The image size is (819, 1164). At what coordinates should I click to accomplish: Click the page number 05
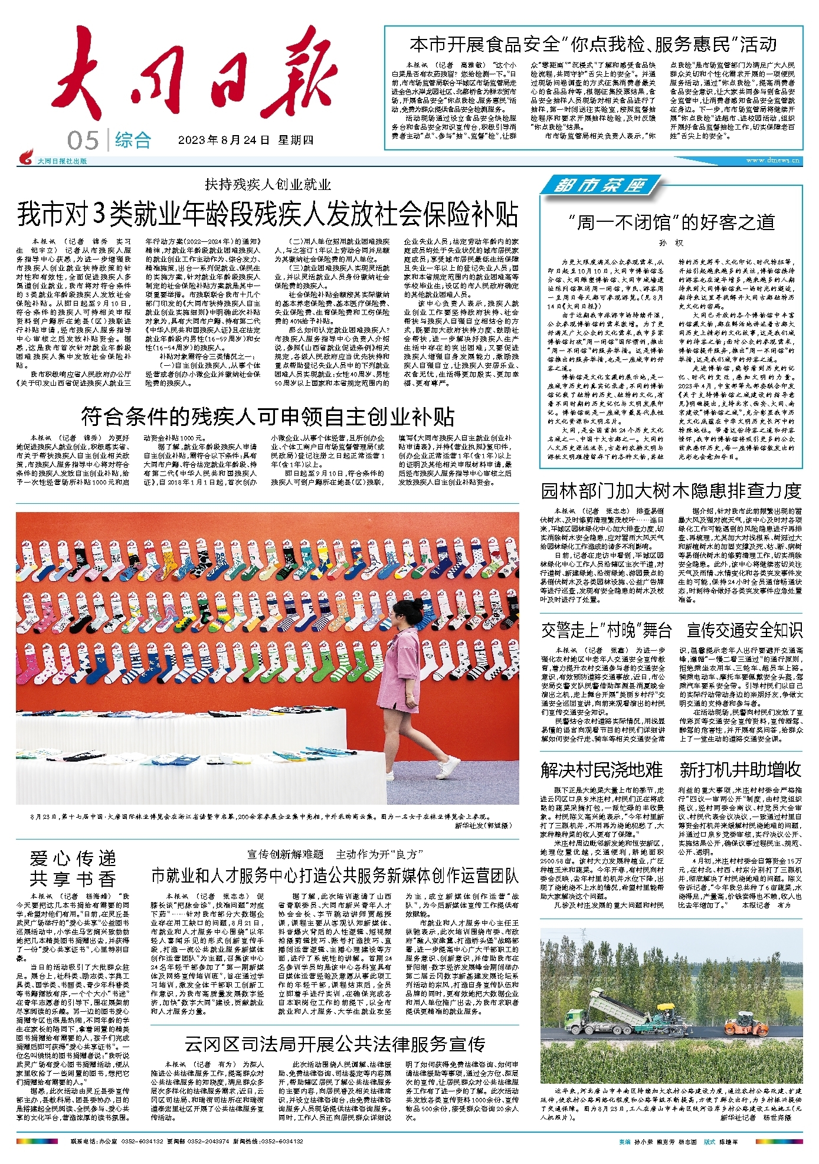coord(83,140)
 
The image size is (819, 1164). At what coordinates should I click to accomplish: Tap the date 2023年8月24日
coord(224,140)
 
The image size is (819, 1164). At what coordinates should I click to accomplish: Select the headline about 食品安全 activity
coord(593,44)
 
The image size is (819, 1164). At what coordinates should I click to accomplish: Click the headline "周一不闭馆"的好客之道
coord(671,222)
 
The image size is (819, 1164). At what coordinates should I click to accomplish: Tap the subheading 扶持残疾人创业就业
coord(268,185)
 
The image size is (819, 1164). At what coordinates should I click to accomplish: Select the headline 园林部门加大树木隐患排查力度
coord(671,491)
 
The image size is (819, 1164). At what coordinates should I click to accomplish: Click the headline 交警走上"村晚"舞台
coord(606,630)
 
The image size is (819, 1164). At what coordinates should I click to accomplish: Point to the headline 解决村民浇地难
coord(601,770)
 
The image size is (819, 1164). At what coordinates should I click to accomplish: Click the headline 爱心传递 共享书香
coord(73,868)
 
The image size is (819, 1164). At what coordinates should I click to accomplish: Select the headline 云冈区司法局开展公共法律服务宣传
coord(334,1044)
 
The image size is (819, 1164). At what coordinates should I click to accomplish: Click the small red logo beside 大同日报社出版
coord(25,158)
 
